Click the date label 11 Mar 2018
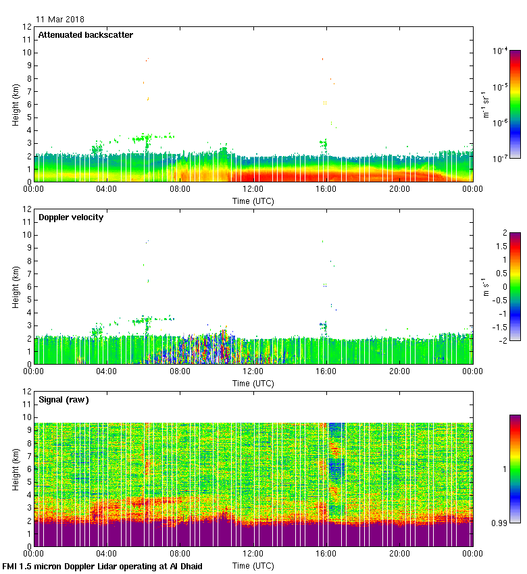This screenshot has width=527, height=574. (60, 20)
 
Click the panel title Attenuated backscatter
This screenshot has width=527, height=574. (85, 35)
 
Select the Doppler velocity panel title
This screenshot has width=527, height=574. (71, 217)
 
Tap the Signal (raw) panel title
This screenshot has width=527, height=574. (64, 400)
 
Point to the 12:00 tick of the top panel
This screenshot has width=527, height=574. (253, 190)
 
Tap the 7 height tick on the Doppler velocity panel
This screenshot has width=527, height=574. (28, 273)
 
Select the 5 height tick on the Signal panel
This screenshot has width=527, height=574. (28, 481)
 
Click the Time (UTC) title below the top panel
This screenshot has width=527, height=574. (253, 201)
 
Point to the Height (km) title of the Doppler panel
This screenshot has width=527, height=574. (16, 286)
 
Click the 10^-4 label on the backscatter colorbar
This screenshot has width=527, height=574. (501, 51)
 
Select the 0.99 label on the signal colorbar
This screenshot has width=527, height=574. (499, 522)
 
